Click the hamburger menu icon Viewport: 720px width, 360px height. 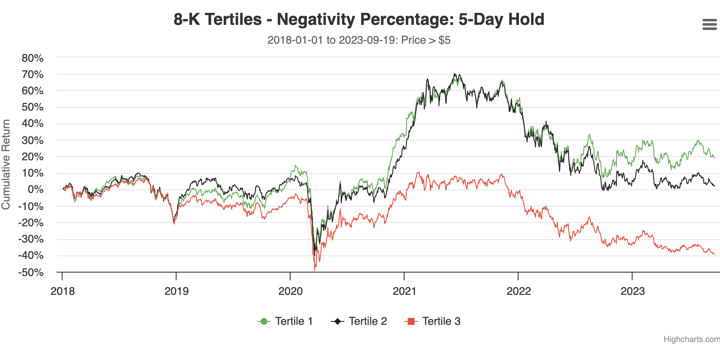[709, 24]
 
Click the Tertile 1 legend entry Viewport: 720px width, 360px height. [285, 321]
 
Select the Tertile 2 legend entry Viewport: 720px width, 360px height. [359, 321]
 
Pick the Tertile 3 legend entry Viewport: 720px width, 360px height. [432, 321]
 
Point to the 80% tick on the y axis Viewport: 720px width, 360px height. [33, 58]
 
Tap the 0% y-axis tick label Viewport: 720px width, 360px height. [36, 189]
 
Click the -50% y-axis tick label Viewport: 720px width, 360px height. [31, 272]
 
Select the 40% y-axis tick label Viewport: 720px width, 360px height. [33, 123]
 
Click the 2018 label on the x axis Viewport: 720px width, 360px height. [63, 291]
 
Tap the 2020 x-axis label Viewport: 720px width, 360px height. [291, 291]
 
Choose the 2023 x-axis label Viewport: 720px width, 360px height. [633, 291]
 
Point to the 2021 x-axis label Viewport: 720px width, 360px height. [405, 291]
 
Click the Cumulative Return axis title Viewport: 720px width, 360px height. [6, 165]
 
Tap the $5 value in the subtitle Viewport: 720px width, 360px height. [444, 40]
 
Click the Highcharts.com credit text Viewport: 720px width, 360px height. [691, 339]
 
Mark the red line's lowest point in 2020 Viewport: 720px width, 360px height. [315, 270]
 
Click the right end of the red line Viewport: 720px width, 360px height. [714, 255]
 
